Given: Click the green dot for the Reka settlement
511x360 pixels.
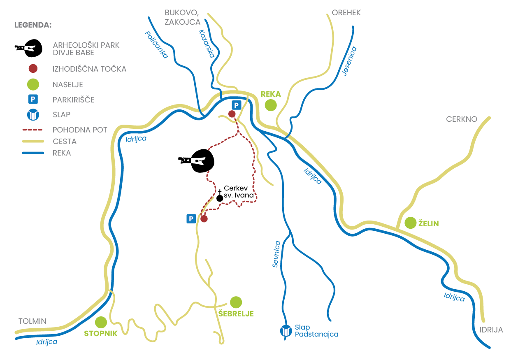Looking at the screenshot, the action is pyautogui.click(x=271, y=105).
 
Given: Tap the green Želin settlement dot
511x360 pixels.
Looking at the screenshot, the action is pyautogui.click(x=411, y=223).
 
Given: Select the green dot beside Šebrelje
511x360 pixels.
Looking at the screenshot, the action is pyautogui.click(x=236, y=302).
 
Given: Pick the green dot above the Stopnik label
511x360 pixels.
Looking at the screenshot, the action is pyautogui.click(x=101, y=323).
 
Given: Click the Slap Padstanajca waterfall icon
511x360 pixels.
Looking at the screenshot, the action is pyautogui.click(x=286, y=331).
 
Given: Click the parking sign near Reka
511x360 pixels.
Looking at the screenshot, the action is pyautogui.click(x=236, y=105).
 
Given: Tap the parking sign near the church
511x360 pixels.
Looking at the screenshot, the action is pyautogui.click(x=191, y=219).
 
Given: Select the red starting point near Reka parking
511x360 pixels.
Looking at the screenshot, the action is pyautogui.click(x=232, y=114).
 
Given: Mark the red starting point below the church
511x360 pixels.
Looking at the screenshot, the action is pyautogui.click(x=204, y=219).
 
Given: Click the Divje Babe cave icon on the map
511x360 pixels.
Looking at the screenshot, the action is pyautogui.click(x=196, y=160).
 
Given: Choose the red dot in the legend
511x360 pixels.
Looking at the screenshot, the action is pyautogui.click(x=33, y=69).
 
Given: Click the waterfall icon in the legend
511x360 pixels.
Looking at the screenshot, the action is pyautogui.click(x=33, y=114).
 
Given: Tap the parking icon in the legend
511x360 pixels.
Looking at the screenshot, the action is pyautogui.click(x=33, y=99).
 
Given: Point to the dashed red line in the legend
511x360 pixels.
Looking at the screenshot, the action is pyautogui.click(x=33, y=130).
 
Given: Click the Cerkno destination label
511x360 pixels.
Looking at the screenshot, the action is pyautogui.click(x=462, y=119).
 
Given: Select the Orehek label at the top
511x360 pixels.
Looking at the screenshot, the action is pyautogui.click(x=346, y=12).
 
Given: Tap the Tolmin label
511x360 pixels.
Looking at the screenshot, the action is pyautogui.click(x=33, y=321).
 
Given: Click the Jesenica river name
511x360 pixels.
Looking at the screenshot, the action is pyautogui.click(x=349, y=61).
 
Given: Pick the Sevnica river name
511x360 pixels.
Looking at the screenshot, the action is pyautogui.click(x=276, y=254).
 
